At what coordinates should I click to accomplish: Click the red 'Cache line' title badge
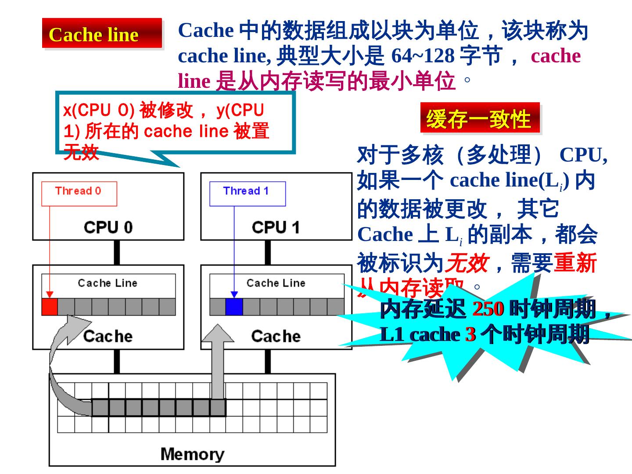[x=102, y=33]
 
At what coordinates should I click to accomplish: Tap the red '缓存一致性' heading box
[x=480, y=118]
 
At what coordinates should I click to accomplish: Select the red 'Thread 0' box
[x=79, y=193]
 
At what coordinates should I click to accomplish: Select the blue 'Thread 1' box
[x=247, y=193]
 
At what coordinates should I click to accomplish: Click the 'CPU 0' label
[x=108, y=227]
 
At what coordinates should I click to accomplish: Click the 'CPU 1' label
[x=276, y=227]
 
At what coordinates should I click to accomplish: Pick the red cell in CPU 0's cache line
[x=50, y=307]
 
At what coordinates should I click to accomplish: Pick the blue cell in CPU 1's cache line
[x=234, y=307]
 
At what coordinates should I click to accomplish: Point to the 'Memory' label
[x=192, y=454]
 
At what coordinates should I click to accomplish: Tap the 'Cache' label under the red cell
[x=108, y=336]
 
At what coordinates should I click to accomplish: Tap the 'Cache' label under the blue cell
[x=276, y=336]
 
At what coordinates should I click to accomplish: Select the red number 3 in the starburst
[x=470, y=335]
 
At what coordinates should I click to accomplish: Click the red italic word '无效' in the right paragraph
[x=467, y=263]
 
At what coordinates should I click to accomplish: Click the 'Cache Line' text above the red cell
[x=108, y=283]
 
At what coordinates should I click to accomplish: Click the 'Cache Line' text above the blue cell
[x=276, y=283]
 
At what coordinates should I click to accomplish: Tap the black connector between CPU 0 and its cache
[x=117, y=252]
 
